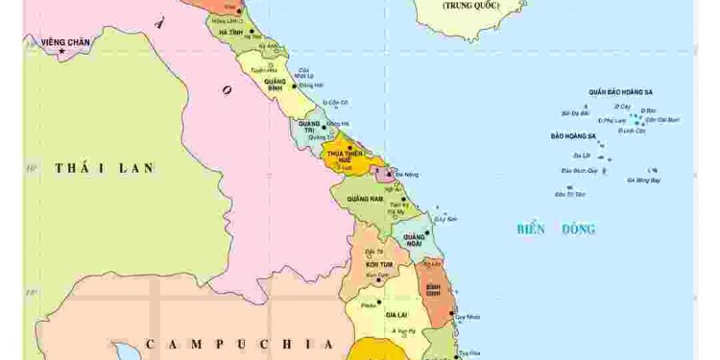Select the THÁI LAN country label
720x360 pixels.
[105, 168]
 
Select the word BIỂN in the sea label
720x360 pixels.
[531, 228]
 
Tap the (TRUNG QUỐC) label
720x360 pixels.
[471, 6]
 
